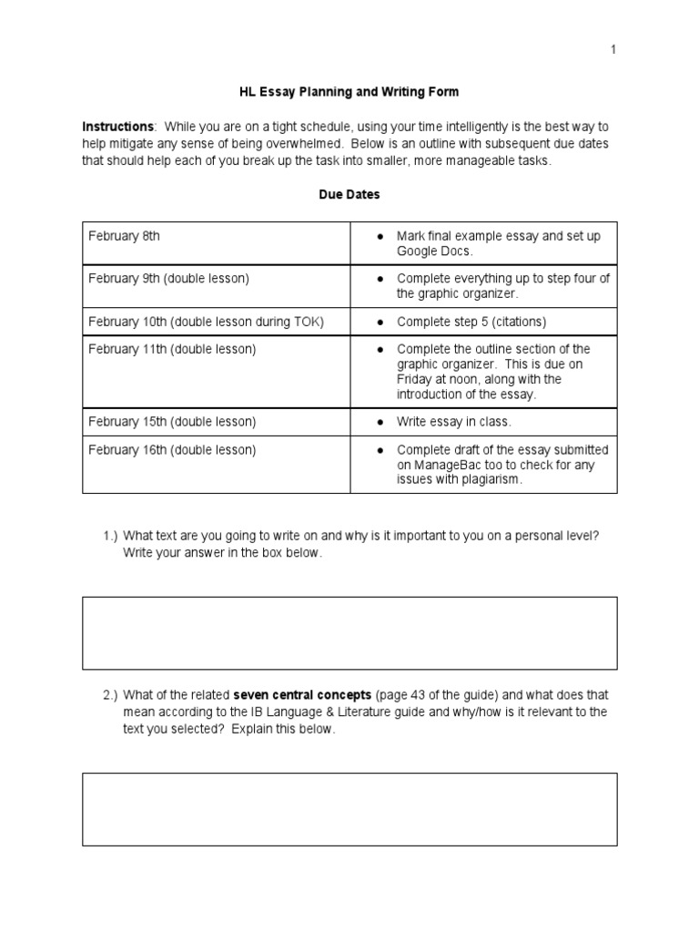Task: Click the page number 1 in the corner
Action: coord(613,50)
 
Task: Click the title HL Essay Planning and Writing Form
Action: coord(349,91)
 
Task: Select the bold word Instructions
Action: coord(118,127)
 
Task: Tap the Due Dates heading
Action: coord(349,194)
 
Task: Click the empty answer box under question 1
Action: coord(349,632)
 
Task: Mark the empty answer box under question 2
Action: coord(349,809)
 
